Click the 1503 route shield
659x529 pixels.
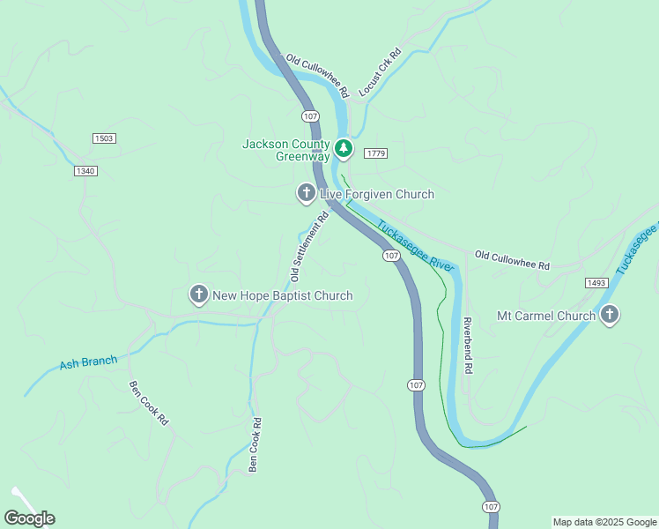tap(104, 138)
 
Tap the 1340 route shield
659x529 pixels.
tap(85, 170)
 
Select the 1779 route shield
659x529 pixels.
tap(375, 153)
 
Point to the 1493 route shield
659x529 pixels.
tap(596, 282)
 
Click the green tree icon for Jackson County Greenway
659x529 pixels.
tap(344, 148)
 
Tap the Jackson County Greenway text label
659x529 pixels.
tap(285, 151)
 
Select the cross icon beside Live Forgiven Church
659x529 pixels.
tap(306, 193)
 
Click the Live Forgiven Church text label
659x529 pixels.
tap(376, 194)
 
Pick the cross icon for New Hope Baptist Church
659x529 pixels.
tap(199, 295)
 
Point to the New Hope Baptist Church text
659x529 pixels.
tap(283, 296)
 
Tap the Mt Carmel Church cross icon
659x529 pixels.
tap(609, 315)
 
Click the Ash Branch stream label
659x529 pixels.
tap(88, 363)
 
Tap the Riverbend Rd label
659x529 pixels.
tap(469, 346)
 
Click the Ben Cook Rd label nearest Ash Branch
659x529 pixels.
tap(148, 403)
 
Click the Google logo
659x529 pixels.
tap(29, 518)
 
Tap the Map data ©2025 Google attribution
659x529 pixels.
tap(604, 522)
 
